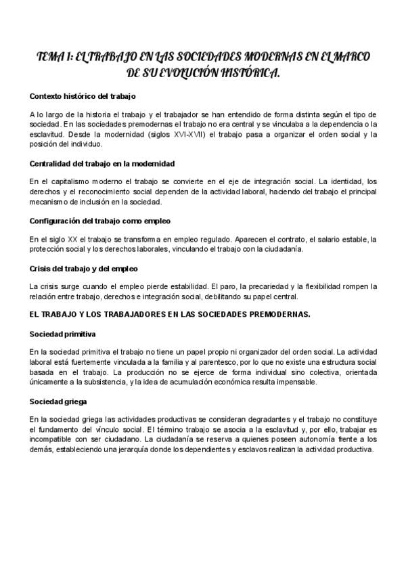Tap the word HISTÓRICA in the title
246,72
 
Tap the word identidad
345,181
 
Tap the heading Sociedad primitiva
63,334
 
